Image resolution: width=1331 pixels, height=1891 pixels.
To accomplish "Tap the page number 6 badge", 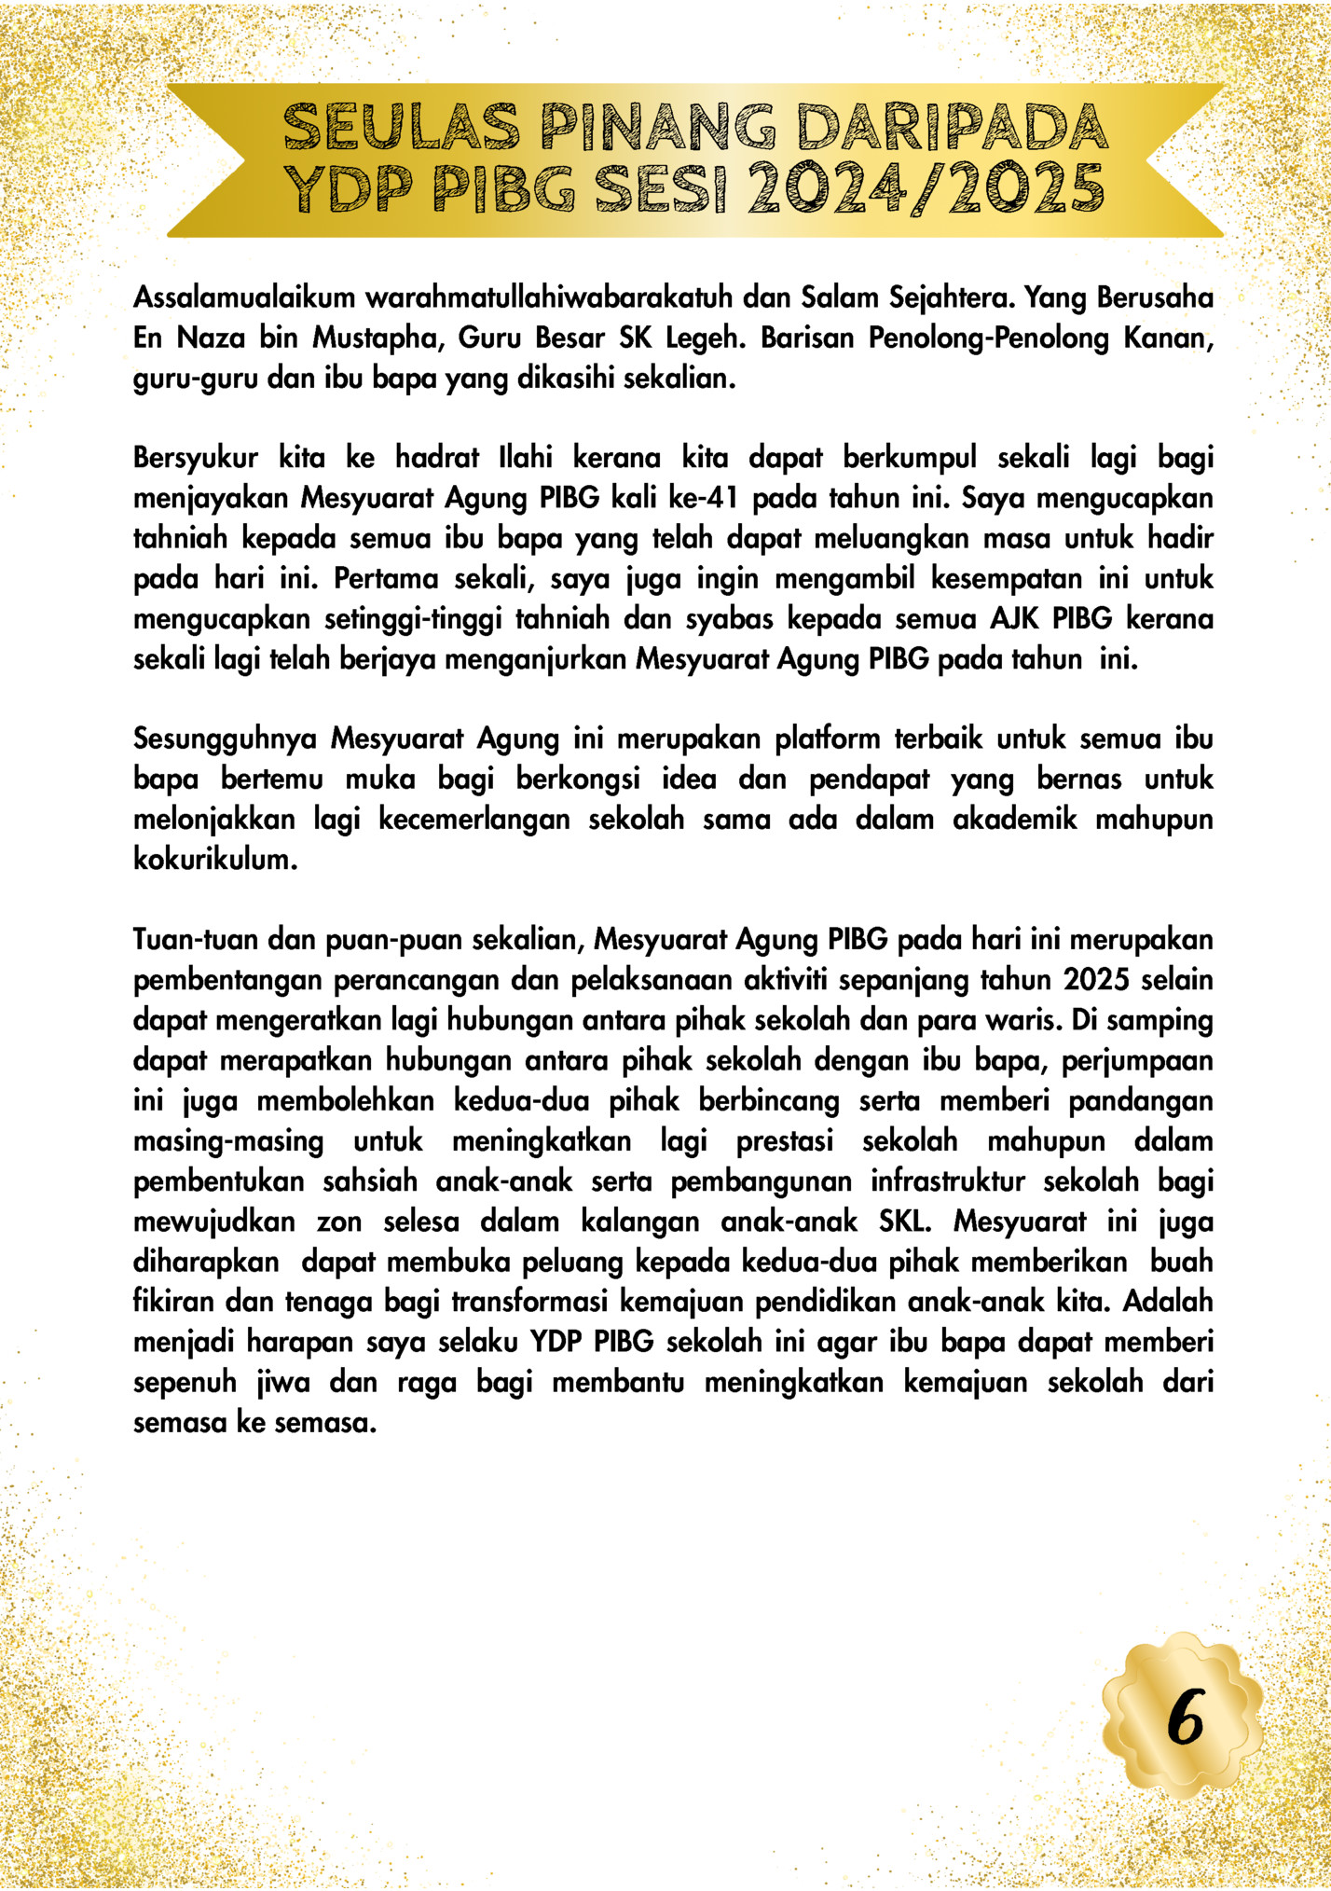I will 1186,1717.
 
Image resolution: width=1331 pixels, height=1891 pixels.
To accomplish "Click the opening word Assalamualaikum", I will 244,297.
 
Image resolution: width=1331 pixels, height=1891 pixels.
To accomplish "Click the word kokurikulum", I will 214,859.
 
